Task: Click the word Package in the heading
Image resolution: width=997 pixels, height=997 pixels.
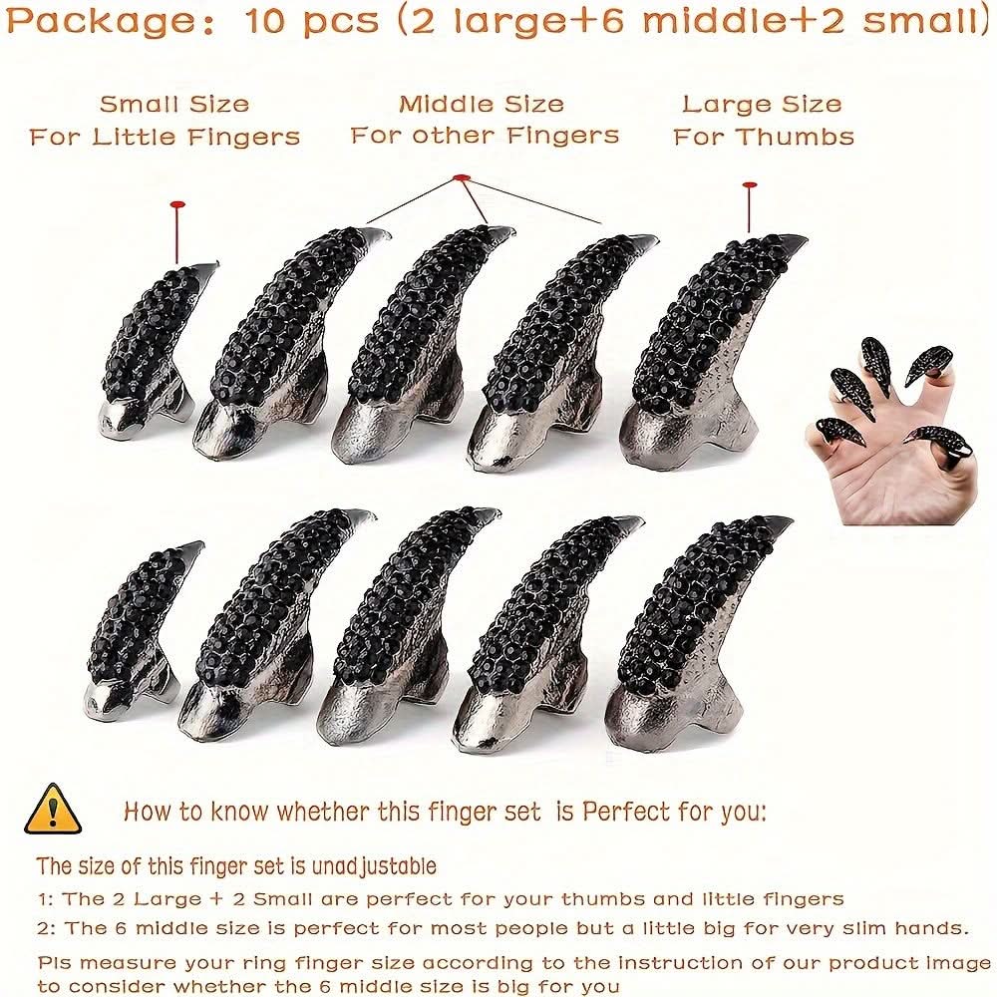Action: point(101,22)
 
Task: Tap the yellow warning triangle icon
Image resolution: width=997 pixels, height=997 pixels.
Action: point(53,809)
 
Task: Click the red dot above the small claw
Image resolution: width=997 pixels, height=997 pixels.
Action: point(177,204)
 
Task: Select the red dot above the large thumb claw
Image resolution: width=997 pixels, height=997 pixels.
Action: point(750,185)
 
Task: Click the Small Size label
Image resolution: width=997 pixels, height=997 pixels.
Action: point(174,105)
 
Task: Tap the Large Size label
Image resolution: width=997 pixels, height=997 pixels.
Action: point(762,105)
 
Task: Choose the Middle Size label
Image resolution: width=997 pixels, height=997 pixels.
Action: point(482,105)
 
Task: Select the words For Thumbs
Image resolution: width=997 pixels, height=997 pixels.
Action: point(764,137)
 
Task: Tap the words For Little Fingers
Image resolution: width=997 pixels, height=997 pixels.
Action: point(165,137)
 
